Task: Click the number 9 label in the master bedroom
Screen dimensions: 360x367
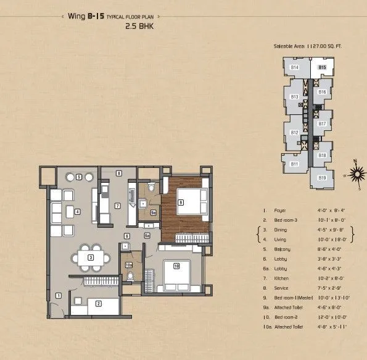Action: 180,202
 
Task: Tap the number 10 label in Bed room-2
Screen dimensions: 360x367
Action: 176,267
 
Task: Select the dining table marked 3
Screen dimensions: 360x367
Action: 91,257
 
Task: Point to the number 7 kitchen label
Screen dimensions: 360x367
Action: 117,205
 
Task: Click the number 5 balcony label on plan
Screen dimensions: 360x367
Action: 80,177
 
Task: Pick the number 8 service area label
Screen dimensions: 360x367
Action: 118,174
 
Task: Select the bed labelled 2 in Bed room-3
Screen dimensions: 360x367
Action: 99,303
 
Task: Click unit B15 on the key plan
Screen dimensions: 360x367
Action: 321,67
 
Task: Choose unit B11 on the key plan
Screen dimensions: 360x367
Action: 295,164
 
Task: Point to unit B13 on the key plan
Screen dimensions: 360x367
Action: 294,97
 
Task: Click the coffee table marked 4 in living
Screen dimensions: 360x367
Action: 77,212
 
